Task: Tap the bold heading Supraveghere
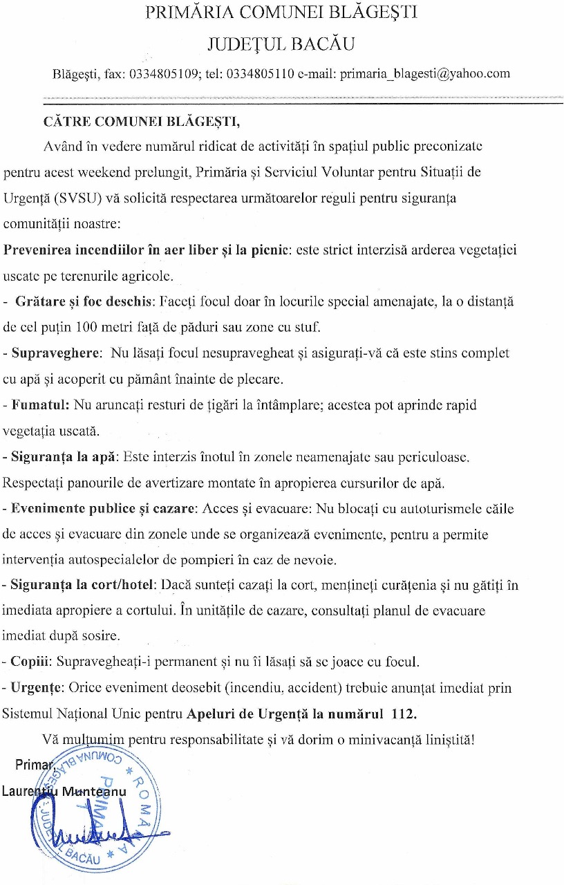(x=56, y=353)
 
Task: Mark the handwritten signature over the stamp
(x=97, y=823)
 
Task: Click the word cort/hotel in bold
(x=128, y=585)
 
